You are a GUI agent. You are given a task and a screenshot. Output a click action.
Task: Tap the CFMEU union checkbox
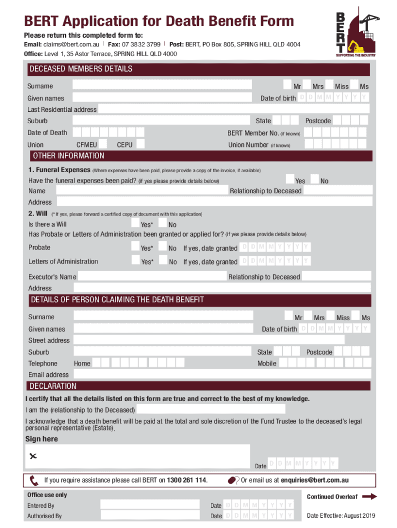point(103,144)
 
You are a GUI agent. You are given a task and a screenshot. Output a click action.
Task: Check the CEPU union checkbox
point(140,144)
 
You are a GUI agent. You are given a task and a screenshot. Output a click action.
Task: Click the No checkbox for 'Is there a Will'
point(162,223)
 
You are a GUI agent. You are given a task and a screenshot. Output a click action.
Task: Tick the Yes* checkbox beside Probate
point(136,246)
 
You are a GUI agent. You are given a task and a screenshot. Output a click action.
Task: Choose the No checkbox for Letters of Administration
point(163,261)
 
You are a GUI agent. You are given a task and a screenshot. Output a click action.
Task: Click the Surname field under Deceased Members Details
point(162,85)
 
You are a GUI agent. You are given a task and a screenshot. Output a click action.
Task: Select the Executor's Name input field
point(152,276)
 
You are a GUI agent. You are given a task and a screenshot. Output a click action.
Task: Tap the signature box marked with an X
point(138,456)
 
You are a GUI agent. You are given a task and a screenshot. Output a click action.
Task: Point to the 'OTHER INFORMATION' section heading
point(69,156)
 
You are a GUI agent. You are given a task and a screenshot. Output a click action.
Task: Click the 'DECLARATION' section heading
point(53,386)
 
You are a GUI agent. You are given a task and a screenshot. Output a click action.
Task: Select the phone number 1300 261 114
point(186,481)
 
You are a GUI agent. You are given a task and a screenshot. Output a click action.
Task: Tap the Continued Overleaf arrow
point(370,497)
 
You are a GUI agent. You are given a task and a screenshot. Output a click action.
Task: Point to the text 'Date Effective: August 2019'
point(341,516)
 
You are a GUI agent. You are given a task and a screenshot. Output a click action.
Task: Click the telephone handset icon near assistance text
point(34,481)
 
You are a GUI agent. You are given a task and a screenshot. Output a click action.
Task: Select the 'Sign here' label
point(42,439)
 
